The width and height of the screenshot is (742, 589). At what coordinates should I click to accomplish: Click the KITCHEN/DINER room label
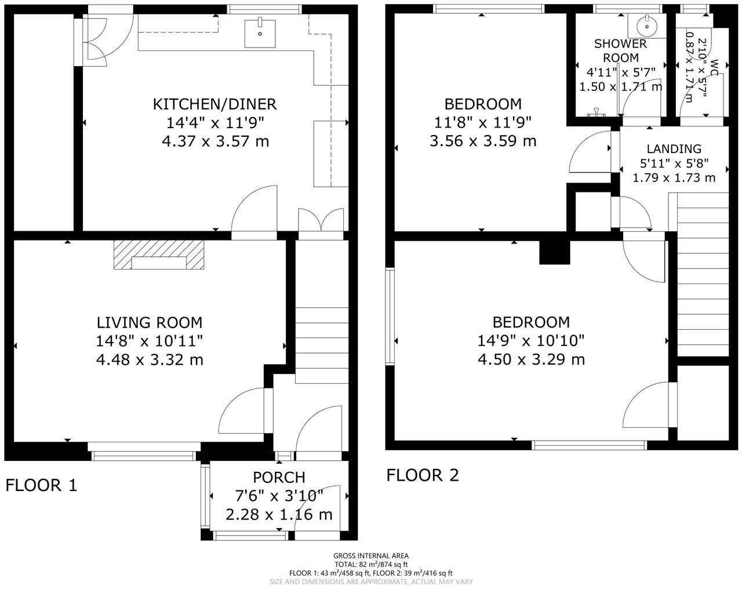(x=214, y=104)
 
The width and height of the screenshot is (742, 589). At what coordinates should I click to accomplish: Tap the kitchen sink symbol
(x=260, y=32)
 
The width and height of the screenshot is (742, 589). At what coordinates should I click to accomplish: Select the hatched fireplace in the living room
(x=159, y=256)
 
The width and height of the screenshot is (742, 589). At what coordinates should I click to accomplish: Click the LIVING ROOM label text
(x=150, y=322)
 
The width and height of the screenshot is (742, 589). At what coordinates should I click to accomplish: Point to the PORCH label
(x=279, y=477)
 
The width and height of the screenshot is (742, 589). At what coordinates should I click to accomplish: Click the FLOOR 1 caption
(x=41, y=485)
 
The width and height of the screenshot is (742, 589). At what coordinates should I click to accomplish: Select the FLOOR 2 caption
(x=423, y=475)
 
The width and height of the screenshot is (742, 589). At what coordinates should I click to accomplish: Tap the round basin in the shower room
(x=644, y=26)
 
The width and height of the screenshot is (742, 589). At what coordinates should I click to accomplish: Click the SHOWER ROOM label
(x=620, y=51)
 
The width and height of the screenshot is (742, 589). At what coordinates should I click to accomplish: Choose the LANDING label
(x=674, y=149)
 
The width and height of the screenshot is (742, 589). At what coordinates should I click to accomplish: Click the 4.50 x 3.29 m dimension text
(x=531, y=359)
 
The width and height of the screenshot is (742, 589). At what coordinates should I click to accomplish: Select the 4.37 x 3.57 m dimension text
(x=216, y=141)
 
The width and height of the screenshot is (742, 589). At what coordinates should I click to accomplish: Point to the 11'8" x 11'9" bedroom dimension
(x=482, y=122)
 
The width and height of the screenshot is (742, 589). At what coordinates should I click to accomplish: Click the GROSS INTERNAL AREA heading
(x=371, y=555)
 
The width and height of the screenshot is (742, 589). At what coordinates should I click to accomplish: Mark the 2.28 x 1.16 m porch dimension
(x=279, y=514)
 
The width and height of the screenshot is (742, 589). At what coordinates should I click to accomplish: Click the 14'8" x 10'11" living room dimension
(x=150, y=341)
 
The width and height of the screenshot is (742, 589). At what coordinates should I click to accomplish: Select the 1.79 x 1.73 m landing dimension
(x=674, y=177)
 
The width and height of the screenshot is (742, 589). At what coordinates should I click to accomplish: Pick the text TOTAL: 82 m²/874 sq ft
(x=371, y=564)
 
